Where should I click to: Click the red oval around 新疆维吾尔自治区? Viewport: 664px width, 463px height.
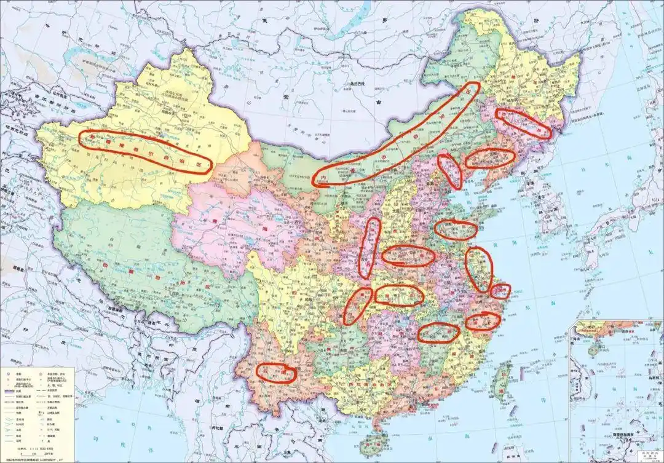[x=146, y=151]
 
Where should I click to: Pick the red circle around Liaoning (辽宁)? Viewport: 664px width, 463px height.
[x=489, y=159]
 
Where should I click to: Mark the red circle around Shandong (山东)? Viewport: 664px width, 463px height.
[x=456, y=229]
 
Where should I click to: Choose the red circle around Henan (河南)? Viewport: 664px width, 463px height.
[x=408, y=256]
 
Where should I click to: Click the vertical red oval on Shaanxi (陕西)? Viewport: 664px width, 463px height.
[x=370, y=247]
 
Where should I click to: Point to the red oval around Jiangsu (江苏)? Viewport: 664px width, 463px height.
[x=480, y=269]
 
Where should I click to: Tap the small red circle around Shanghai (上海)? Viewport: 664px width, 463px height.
[x=500, y=291]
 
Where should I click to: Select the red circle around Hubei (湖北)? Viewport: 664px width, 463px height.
[x=400, y=295]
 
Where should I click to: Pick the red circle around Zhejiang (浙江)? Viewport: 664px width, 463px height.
[x=483, y=321]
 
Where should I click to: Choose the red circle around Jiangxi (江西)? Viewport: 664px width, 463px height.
[x=438, y=333]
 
